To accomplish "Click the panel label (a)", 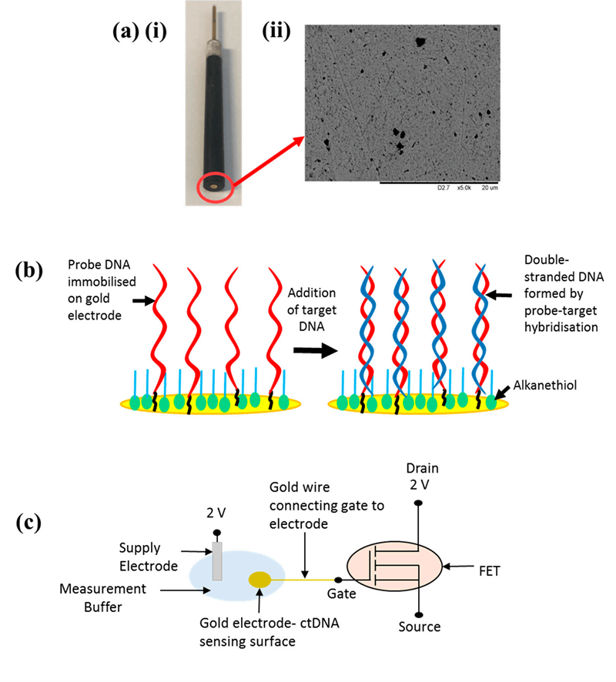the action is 126,32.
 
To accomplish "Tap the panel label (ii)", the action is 276,32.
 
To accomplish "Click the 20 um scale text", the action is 490,188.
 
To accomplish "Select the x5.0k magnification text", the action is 464,188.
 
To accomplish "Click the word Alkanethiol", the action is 544,386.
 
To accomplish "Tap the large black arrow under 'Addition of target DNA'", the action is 316,350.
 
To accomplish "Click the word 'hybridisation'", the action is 561,327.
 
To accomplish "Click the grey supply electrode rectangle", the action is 216,561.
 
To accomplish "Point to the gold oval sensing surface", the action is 259,580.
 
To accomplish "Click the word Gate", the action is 342,593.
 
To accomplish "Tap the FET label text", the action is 490,570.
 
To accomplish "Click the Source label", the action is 420,627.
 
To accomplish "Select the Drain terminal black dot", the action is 418,503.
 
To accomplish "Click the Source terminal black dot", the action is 419,615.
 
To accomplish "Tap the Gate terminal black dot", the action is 338,580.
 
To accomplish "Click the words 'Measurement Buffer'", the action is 102,597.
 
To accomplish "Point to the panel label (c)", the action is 28,523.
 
